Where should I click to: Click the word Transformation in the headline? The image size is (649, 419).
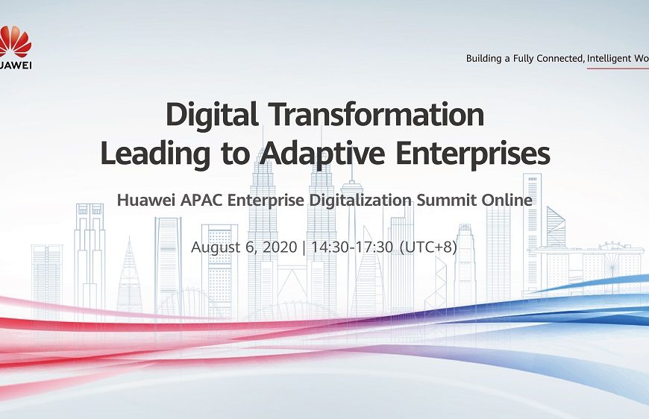point(376,116)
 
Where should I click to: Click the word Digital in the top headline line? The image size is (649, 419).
point(211,116)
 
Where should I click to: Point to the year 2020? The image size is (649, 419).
point(277,247)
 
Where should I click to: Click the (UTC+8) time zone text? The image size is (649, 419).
point(428,247)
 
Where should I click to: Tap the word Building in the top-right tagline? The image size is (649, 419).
point(486,58)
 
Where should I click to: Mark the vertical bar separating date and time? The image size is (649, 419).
point(304,247)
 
